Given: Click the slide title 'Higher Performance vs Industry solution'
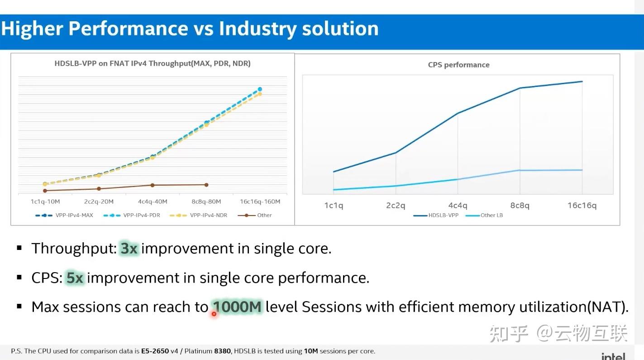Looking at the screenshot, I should pyautogui.click(x=190, y=29).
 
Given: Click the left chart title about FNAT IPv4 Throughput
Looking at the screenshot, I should pyautogui.click(x=153, y=63).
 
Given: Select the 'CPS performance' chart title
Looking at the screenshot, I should pyautogui.click(x=458, y=65).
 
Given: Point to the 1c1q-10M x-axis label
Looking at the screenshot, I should pyautogui.click(x=45, y=202).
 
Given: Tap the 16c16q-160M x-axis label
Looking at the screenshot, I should pyautogui.click(x=260, y=202).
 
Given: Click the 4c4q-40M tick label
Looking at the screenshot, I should pyautogui.click(x=153, y=202).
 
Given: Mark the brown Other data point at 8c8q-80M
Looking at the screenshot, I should pyautogui.click(x=206, y=185).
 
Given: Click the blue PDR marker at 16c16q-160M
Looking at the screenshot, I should pyautogui.click(x=260, y=89).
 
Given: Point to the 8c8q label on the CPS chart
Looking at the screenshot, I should pyautogui.click(x=520, y=206).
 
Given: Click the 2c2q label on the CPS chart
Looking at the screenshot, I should pyautogui.click(x=396, y=206).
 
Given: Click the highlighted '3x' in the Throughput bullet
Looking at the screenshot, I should pyautogui.click(x=129, y=248).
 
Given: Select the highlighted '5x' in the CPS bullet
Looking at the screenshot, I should pyautogui.click(x=75, y=278).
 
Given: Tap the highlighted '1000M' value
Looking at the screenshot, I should pyautogui.click(x=238, y=307).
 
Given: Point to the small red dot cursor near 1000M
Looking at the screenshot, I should pyautogui.click(x=214, y=313).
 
